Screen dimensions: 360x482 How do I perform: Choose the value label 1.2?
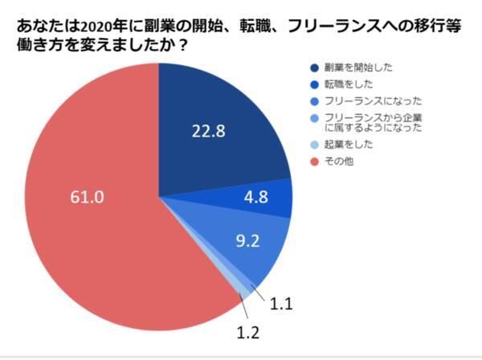coord(246,330)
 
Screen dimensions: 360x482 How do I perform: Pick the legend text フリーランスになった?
coord(371,102)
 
